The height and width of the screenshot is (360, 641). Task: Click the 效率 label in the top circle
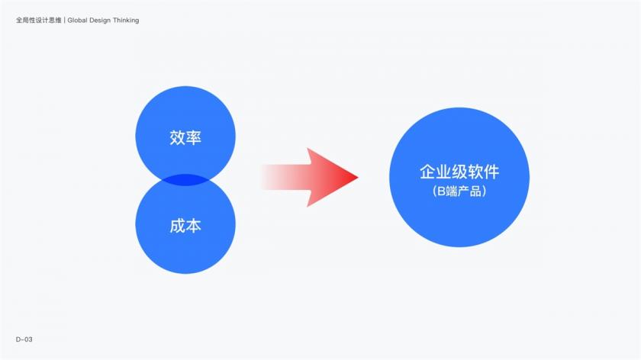tap(185, 137)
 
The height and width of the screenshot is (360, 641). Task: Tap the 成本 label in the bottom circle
tap(185, 226)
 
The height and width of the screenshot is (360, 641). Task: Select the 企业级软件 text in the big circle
tap(459, 172)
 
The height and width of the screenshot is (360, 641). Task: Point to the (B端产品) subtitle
tap(459, 191)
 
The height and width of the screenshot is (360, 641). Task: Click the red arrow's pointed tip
tap(358, 178)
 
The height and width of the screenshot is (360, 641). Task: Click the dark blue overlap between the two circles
tap(185, 180)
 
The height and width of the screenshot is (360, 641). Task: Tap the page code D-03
tap(24, 339)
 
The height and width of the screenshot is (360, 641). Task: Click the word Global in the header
tap(78, 20)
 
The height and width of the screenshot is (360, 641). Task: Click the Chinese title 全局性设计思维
tap(38, 20)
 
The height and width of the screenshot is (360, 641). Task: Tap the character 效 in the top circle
tap(177, 137)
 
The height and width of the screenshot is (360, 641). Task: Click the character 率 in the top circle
tap(193, 137)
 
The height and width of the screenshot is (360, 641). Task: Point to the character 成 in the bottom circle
tap(177, 226)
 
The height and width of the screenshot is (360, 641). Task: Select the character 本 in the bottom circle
tap(193, 226)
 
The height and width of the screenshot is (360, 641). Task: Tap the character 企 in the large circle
tap(427, 172)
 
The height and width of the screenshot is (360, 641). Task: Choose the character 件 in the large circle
tap(491, 172)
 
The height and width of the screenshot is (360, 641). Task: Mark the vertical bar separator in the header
tap(65, 20)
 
